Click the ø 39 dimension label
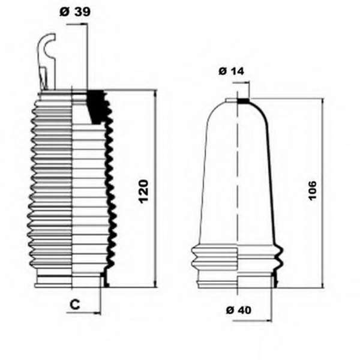click(75, 12)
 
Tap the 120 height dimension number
click(144, 192)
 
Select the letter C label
click(75, 304)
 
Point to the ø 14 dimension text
click(231, 71)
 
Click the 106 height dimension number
click(313, 191)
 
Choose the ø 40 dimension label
click(239, 310)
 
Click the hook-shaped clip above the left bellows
click(47, 62)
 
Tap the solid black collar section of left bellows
click(95, 107)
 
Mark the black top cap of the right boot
click(243, 101)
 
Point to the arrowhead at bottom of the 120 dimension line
click(155, 284)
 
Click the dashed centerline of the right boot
click(238, 192)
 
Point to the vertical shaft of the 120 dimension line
click(155, 189)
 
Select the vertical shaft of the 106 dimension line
click(323, 193)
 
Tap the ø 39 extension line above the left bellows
click(88, 56)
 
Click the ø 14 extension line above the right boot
click(249, 90)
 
